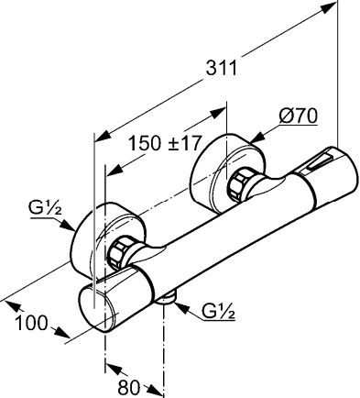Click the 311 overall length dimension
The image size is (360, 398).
[x=222, y=68]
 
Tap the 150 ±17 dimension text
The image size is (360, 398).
[x=165, y=143]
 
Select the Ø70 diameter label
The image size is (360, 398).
[x=299, y=116]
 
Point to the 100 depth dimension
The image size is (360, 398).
[x=32, y=323]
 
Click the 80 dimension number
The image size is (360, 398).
[x=128, y=388]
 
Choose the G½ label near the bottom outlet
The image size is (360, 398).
[x=218, y=312]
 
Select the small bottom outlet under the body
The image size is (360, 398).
[x=167, y=299]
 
